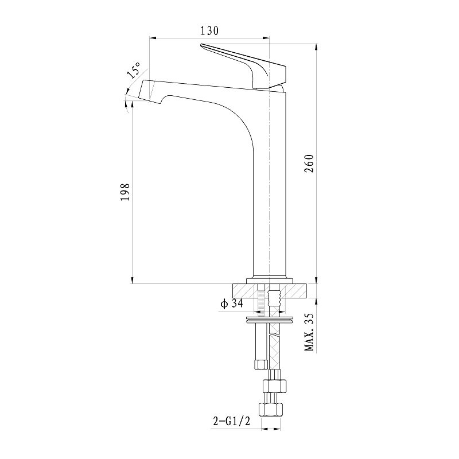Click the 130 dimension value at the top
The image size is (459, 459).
coord(209,31)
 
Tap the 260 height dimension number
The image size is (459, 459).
coord(310,164)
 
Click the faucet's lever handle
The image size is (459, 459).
coord(252,66)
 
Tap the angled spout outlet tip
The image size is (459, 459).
coord(147,90)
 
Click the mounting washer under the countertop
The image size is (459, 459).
coord(269,317)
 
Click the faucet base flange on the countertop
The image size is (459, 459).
coord(269,278)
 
